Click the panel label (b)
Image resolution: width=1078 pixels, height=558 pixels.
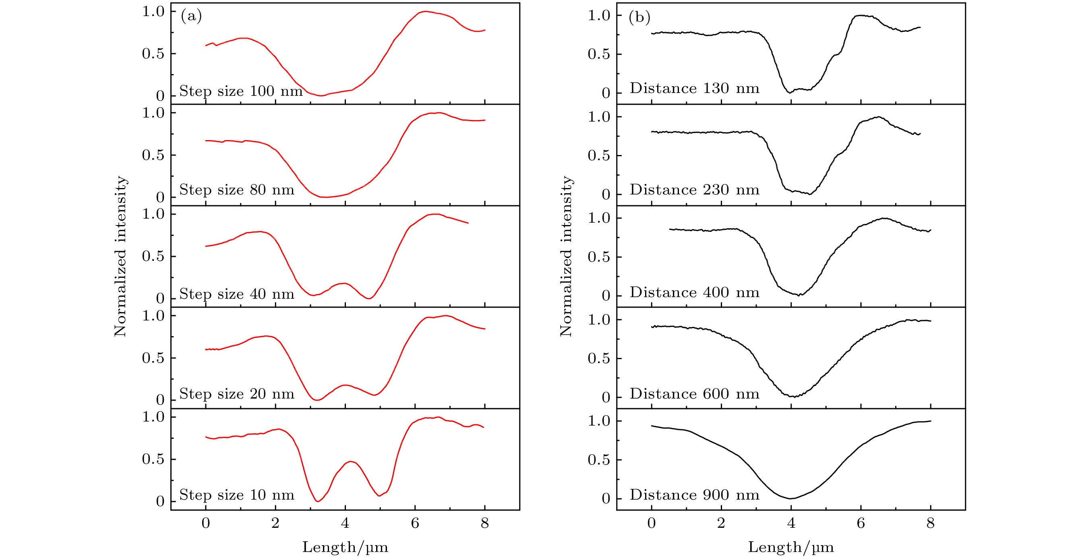[639, 17]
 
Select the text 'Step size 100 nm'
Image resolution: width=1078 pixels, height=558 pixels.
[241, 91]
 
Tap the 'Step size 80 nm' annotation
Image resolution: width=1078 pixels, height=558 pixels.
[237, 190]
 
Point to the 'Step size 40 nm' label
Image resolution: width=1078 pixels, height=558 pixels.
[237, 294]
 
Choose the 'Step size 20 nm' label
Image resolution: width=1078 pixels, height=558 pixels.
[237, 394]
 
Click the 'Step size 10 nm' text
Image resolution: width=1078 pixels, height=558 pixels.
[237, 495]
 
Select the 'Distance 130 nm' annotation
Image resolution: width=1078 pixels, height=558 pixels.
[694, 88]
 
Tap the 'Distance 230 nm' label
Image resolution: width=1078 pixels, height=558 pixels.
[694, 190]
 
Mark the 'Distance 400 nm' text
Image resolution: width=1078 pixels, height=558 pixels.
[694, 292]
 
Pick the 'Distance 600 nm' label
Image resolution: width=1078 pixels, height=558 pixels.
[694, 394]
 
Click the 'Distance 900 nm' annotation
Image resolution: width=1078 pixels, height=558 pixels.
[694, 495]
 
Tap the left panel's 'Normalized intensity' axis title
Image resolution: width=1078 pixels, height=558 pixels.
[120, 256]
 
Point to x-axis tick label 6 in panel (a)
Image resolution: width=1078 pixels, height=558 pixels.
[415, 523]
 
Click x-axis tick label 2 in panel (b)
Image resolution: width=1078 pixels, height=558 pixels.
[721, 523]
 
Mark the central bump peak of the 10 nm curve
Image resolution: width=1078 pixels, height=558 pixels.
[350, 462]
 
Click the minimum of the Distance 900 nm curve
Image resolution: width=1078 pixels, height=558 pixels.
[790, 498]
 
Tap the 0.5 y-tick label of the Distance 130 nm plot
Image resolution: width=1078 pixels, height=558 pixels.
[598, 54]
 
